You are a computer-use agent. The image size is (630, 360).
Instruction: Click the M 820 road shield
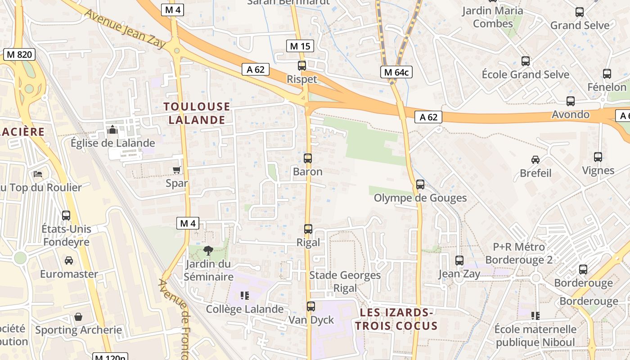19,55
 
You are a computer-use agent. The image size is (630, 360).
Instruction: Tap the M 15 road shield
300,46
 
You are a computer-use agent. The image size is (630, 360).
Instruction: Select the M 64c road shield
396,72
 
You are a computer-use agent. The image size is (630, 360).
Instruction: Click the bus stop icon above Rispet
302,66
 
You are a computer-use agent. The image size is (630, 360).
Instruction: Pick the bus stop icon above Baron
308,158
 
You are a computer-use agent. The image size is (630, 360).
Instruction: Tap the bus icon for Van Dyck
311,306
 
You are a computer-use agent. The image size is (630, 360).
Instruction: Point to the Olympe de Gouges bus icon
420,184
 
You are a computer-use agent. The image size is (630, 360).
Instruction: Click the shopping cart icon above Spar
177,170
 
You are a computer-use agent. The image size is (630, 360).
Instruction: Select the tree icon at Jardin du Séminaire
208,250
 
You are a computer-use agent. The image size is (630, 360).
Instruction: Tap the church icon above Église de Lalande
112,130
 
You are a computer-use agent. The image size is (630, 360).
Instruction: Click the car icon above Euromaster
69,261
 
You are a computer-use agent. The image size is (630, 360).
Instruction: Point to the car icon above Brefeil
535,160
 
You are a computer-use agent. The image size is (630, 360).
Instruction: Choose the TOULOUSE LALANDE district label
197,113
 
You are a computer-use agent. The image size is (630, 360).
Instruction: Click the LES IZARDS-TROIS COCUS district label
396,319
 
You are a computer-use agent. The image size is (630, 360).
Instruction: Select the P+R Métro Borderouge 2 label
519,253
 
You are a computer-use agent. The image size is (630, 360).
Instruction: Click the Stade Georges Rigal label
345,281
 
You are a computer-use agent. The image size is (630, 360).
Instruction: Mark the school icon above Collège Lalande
245,296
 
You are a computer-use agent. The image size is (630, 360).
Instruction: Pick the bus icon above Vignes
598,157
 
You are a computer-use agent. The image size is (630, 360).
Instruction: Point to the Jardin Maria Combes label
493,17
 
